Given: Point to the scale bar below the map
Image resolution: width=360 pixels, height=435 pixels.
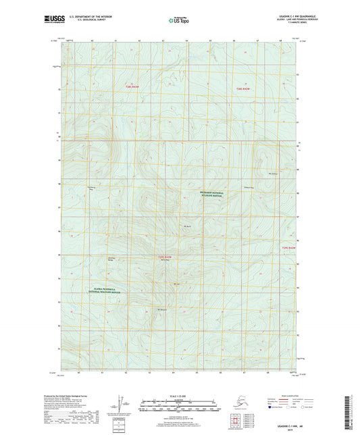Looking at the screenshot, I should (179, 407).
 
